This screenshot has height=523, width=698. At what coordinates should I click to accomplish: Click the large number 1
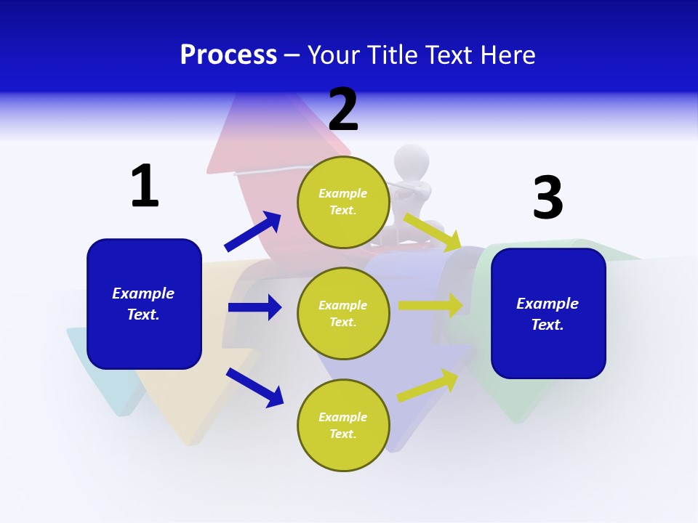point(145,186)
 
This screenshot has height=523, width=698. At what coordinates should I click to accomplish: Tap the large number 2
point(343,110)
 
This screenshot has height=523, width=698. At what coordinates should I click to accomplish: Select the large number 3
point(547,198)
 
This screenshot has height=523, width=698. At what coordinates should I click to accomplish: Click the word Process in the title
point(228,54)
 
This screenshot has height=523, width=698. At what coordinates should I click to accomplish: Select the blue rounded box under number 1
point(144,304)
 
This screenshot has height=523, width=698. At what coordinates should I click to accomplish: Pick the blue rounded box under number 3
point(548,314)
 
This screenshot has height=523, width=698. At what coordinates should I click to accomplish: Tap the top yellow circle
point(343,202)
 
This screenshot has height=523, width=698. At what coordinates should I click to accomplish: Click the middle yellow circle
point(343,314)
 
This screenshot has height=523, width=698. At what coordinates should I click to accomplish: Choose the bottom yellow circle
point(343,425)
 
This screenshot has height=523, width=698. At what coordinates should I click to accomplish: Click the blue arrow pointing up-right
point(253,231)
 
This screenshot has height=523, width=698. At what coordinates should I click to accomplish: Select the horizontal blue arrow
point(254,307)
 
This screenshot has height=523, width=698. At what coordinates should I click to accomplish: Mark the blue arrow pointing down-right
point(254,387)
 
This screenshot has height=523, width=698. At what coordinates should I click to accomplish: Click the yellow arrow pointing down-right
point(432,231)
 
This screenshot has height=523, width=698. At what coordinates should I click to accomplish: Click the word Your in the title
point(332,54)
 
